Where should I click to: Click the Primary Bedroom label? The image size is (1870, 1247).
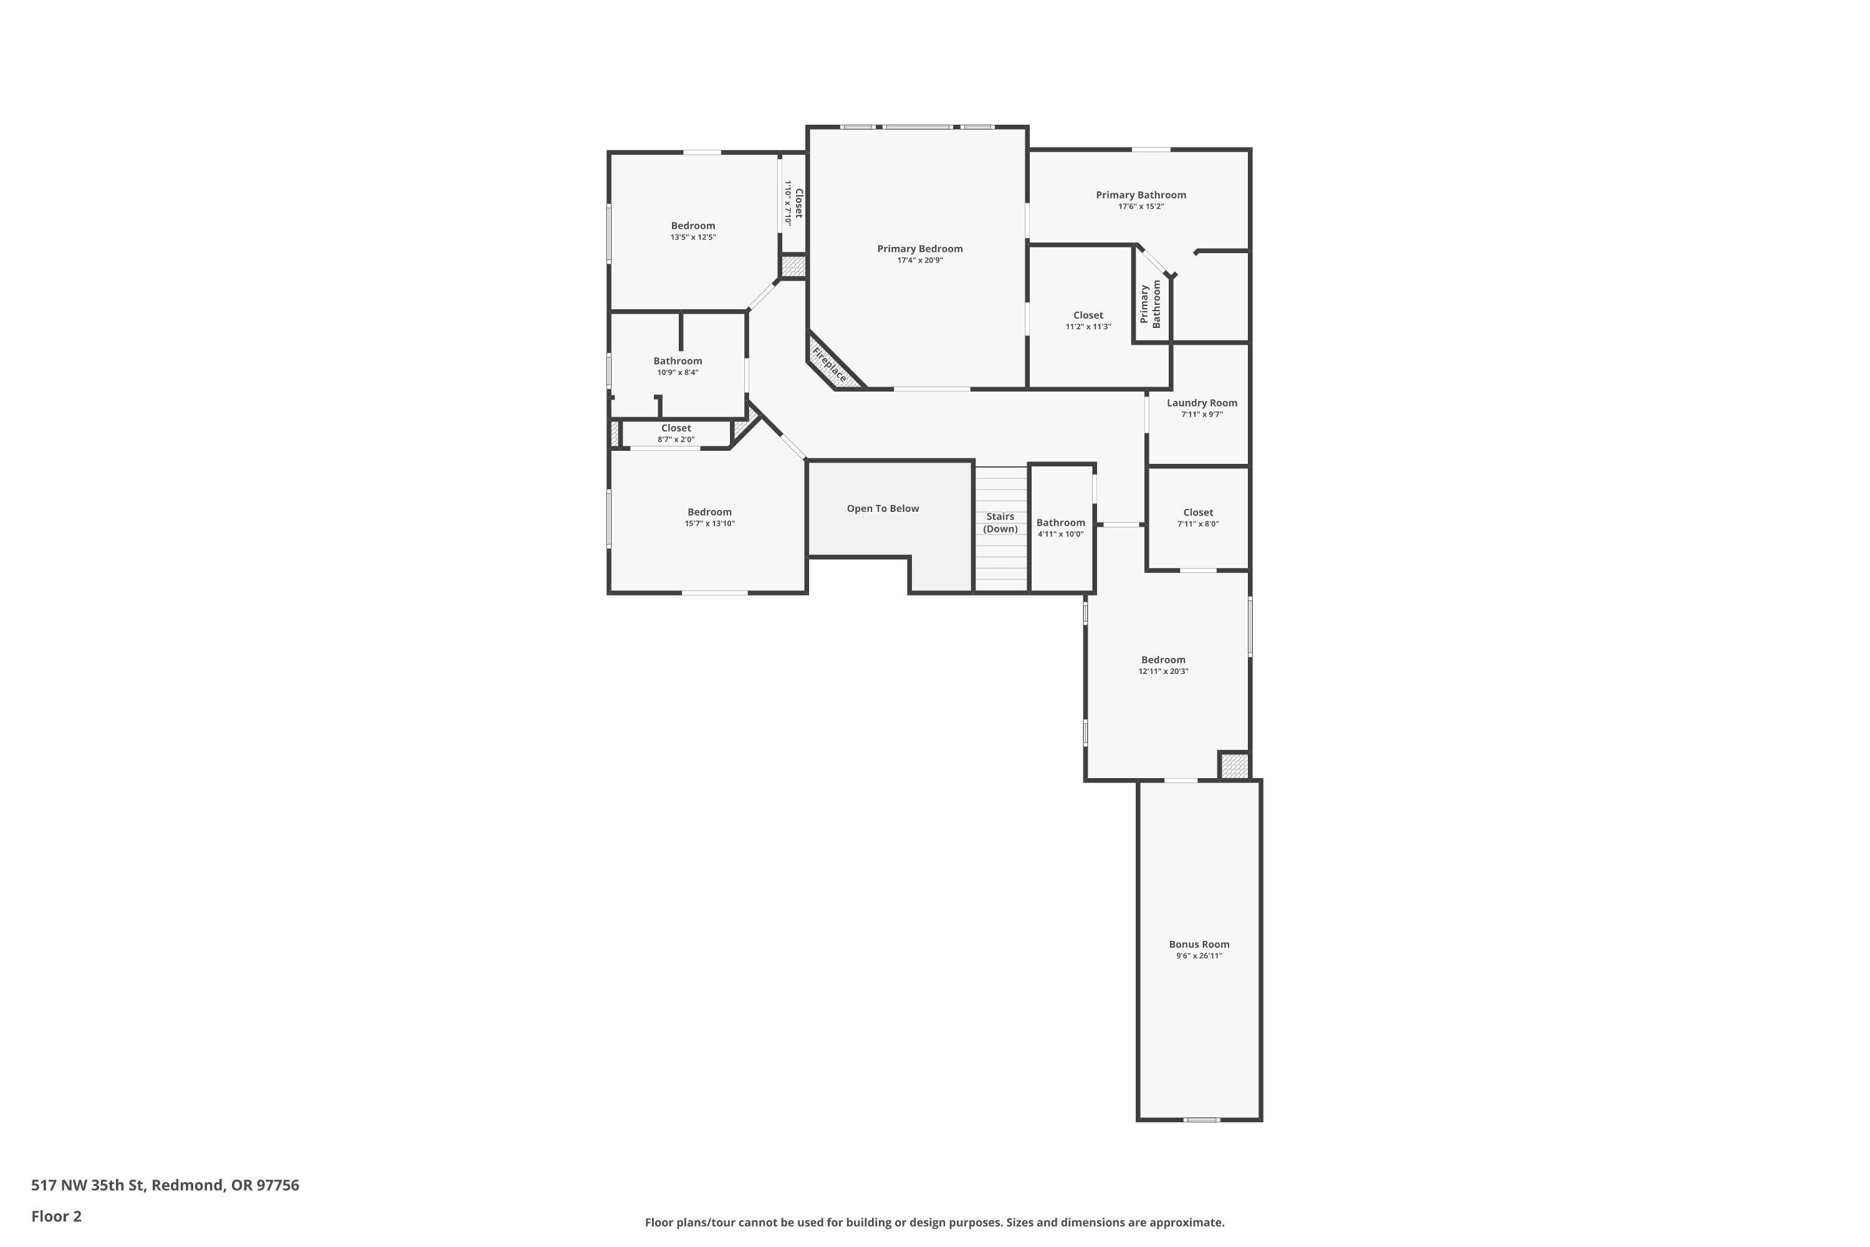coord(920,249)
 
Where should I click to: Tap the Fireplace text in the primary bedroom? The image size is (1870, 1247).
coord(829,364)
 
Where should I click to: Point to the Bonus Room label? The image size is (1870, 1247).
coord(1199,945)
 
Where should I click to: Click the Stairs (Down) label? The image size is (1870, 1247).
coord(1000,522)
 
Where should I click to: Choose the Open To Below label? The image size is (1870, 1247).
coord(883,509)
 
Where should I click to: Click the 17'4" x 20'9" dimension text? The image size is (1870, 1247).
coord(920,261)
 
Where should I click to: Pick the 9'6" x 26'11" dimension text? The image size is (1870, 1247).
coord(1199,956)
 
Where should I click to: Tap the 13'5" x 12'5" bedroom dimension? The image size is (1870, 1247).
coord(693,238)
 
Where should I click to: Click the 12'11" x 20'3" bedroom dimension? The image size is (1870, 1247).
coord(1163,672)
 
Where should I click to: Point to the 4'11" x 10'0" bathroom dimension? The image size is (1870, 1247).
coord(1061,534)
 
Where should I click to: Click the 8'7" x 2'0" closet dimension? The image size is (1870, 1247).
coord(676,440)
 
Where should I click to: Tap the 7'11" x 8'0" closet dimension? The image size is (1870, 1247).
coord(1198,524)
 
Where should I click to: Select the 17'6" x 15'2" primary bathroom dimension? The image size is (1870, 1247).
coord(1141,207)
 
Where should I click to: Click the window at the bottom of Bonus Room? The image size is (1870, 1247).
coord(1201,1120)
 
